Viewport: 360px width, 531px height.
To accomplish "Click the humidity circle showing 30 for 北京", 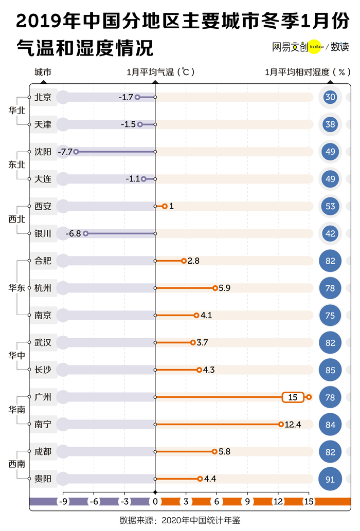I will coord(330,97).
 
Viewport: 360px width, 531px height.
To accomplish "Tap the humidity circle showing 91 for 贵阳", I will coord(330,479).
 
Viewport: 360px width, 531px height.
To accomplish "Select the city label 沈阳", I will coord(43,152).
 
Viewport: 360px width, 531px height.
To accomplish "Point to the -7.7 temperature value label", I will coord(65,152).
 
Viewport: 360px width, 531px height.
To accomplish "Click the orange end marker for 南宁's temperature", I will coord(281,425).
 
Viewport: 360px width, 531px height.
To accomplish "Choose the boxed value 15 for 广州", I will coord(293,397).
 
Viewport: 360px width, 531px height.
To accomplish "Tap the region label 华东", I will coord(16,288).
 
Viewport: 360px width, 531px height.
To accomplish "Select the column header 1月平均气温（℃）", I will coord(160,72).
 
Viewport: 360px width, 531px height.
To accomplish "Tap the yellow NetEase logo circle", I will coord(315,47).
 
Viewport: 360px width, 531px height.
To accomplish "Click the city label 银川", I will coord(43,233).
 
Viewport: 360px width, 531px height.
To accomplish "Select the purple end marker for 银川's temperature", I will coord(86,233).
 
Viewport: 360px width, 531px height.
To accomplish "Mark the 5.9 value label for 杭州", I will coord(224,288).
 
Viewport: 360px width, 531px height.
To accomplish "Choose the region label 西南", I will coord(16,464).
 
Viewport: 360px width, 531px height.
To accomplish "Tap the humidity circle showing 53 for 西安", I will coord(330,206).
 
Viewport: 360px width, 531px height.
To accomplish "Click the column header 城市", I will coord(43,72).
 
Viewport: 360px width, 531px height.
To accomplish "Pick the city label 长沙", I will coord(43,370).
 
